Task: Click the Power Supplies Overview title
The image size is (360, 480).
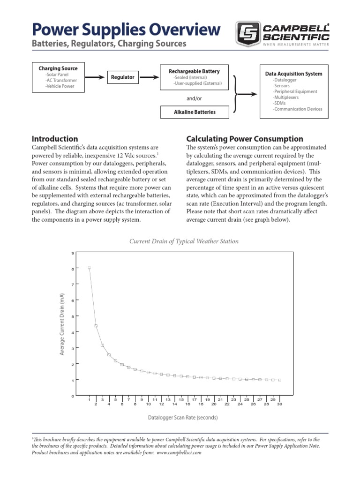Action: tap(126, 30)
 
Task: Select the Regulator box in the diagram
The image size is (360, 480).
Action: tap(122, 77)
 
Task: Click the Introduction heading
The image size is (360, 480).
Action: tap(54, 139)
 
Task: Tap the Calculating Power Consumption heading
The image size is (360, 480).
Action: tap(245, 139)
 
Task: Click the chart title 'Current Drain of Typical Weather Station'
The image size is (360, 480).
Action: tap(184, 241)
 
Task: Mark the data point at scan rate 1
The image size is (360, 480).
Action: tap(89, 268)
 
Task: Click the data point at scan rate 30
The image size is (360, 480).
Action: tap(279, 380)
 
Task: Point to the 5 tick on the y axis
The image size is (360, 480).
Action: tap(73, 316)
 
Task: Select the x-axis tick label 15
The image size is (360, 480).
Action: tap(181, 399)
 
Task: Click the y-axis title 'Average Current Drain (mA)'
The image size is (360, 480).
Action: tap(61, 323)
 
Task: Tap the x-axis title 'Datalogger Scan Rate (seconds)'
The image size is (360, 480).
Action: tap(183, 417)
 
